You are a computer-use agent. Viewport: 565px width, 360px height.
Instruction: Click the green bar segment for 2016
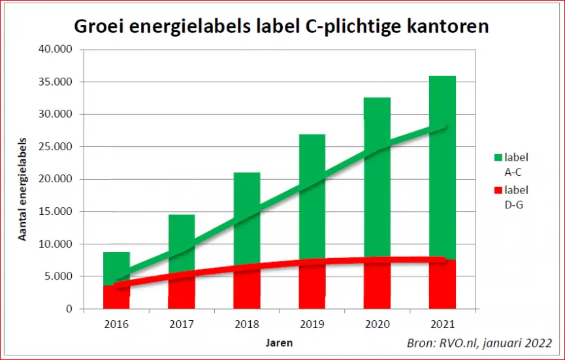(116, 269)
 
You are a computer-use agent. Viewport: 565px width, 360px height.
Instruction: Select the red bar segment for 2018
(247, 287)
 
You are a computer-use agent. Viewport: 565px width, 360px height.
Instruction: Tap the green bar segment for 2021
(442, 167)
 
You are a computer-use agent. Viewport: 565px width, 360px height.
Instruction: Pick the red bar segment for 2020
(378, 284)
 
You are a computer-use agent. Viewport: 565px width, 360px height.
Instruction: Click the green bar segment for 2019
(312, 197)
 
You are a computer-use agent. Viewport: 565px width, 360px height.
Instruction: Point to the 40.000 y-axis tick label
(55, 49)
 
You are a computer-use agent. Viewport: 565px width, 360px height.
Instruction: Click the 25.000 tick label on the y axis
(55, 146)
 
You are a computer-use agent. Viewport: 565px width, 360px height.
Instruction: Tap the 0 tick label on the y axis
(69, 309)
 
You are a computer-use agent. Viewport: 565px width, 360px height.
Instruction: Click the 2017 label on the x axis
(182, 324)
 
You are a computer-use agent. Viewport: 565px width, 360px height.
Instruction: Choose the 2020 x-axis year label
(378, 324)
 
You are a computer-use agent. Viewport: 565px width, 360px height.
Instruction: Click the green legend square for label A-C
(498, 157)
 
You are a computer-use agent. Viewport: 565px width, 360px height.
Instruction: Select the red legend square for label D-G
(498, 190)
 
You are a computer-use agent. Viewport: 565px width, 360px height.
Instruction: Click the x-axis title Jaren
(280, 343)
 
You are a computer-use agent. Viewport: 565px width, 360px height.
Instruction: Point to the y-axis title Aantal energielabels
(23, 189)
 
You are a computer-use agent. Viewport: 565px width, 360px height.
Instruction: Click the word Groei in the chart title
(99, 26)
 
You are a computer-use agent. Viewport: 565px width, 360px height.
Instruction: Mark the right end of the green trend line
(446, 127)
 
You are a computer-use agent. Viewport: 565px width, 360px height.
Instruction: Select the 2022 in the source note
(538, 343)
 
